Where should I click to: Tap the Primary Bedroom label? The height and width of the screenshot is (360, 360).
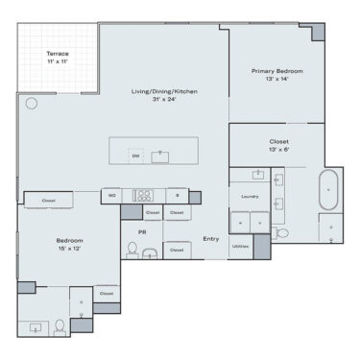[277, 71]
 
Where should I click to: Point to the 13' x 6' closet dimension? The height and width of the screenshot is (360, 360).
[278, 150]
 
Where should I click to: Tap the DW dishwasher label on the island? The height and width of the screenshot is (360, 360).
[134, 155]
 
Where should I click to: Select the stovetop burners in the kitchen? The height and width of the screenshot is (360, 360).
[144, 195]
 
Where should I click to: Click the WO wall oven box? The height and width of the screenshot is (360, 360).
[112, 195]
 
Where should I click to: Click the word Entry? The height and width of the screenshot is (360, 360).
[210, 239]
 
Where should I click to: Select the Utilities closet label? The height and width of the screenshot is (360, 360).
[241, 247]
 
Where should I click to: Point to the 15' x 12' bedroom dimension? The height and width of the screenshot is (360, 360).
[69, 249]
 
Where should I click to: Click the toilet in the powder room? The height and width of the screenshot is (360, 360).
[132, 252]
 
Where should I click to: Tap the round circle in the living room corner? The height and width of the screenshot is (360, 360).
[31, 102]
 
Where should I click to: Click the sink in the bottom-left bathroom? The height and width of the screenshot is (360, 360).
[38, 326]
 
